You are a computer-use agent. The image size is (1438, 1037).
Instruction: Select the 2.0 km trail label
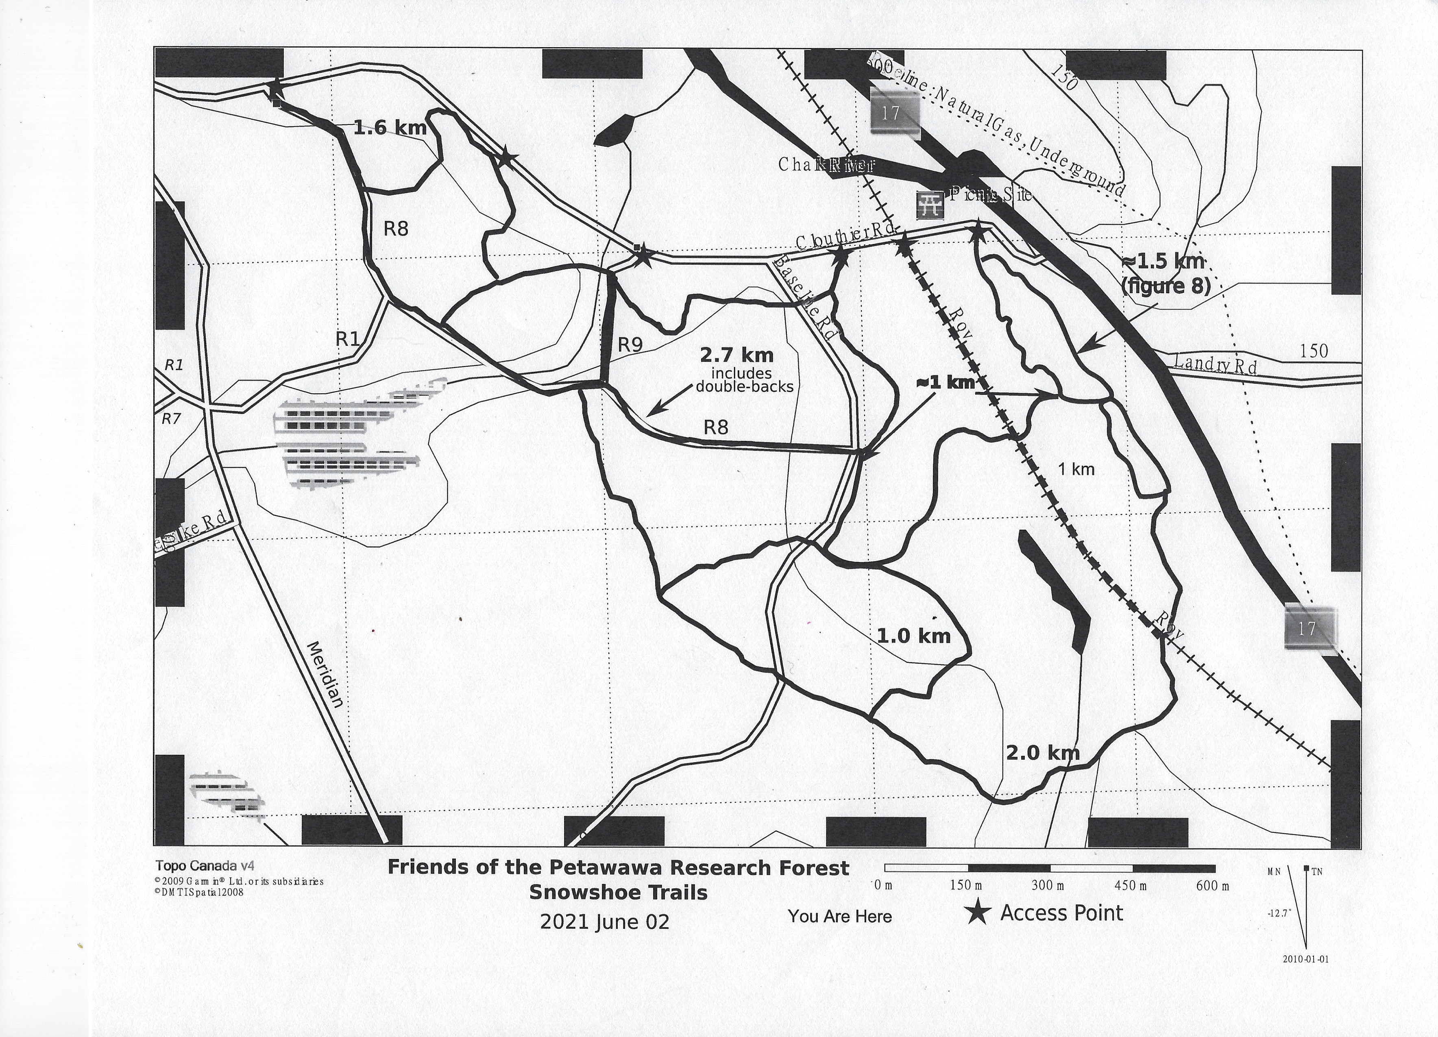[1042, 753]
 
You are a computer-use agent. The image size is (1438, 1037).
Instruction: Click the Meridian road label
[326, 674]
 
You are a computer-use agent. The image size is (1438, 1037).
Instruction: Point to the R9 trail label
[630, 345]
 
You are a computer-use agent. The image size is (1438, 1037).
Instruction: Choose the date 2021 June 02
[604, 922]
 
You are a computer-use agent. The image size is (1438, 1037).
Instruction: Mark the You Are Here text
[839, 916]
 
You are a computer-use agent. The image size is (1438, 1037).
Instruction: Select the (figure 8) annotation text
[1166, 286]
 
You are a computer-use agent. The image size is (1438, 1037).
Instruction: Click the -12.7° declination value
[1279, 914]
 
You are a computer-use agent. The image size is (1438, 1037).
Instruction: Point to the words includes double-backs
[744, 380]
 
